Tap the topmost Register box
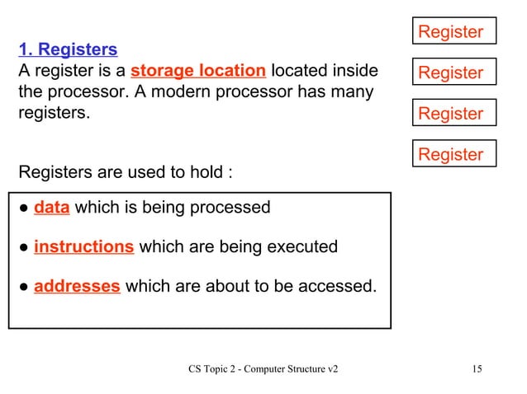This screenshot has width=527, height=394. point(454,31)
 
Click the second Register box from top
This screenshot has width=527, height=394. point(454,73)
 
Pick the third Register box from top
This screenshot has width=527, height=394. point(454,113)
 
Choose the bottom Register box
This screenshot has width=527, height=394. point(454,154)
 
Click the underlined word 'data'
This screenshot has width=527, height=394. point(51,207)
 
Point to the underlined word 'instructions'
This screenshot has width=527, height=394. point(83,246)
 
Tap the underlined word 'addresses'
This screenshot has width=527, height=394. point(77,286)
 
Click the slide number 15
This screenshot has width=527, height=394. point(477,368)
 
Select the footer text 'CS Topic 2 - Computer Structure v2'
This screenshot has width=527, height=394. point(263,368)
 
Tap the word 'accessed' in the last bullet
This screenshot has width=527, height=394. point(337,286)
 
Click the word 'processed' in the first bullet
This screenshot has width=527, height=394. point(234,207)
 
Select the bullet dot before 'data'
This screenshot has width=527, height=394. point(24,208)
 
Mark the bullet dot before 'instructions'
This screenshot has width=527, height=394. point(24,247)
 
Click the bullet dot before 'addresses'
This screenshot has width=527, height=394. point(24,287)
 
